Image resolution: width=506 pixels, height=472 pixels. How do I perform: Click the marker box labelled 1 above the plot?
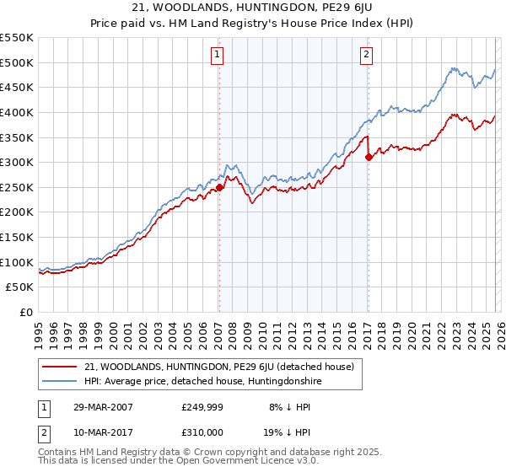point(217,55)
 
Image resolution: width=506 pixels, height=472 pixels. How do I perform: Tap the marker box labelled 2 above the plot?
point(367,55)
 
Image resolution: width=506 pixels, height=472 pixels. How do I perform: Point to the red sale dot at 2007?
point(219,187)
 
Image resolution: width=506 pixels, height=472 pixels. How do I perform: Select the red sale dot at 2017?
point(369,157)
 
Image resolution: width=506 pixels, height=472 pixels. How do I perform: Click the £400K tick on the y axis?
point(17,112)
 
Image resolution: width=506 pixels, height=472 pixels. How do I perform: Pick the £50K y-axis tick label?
point(20,287)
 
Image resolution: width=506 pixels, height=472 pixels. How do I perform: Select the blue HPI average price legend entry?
point(203,381)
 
